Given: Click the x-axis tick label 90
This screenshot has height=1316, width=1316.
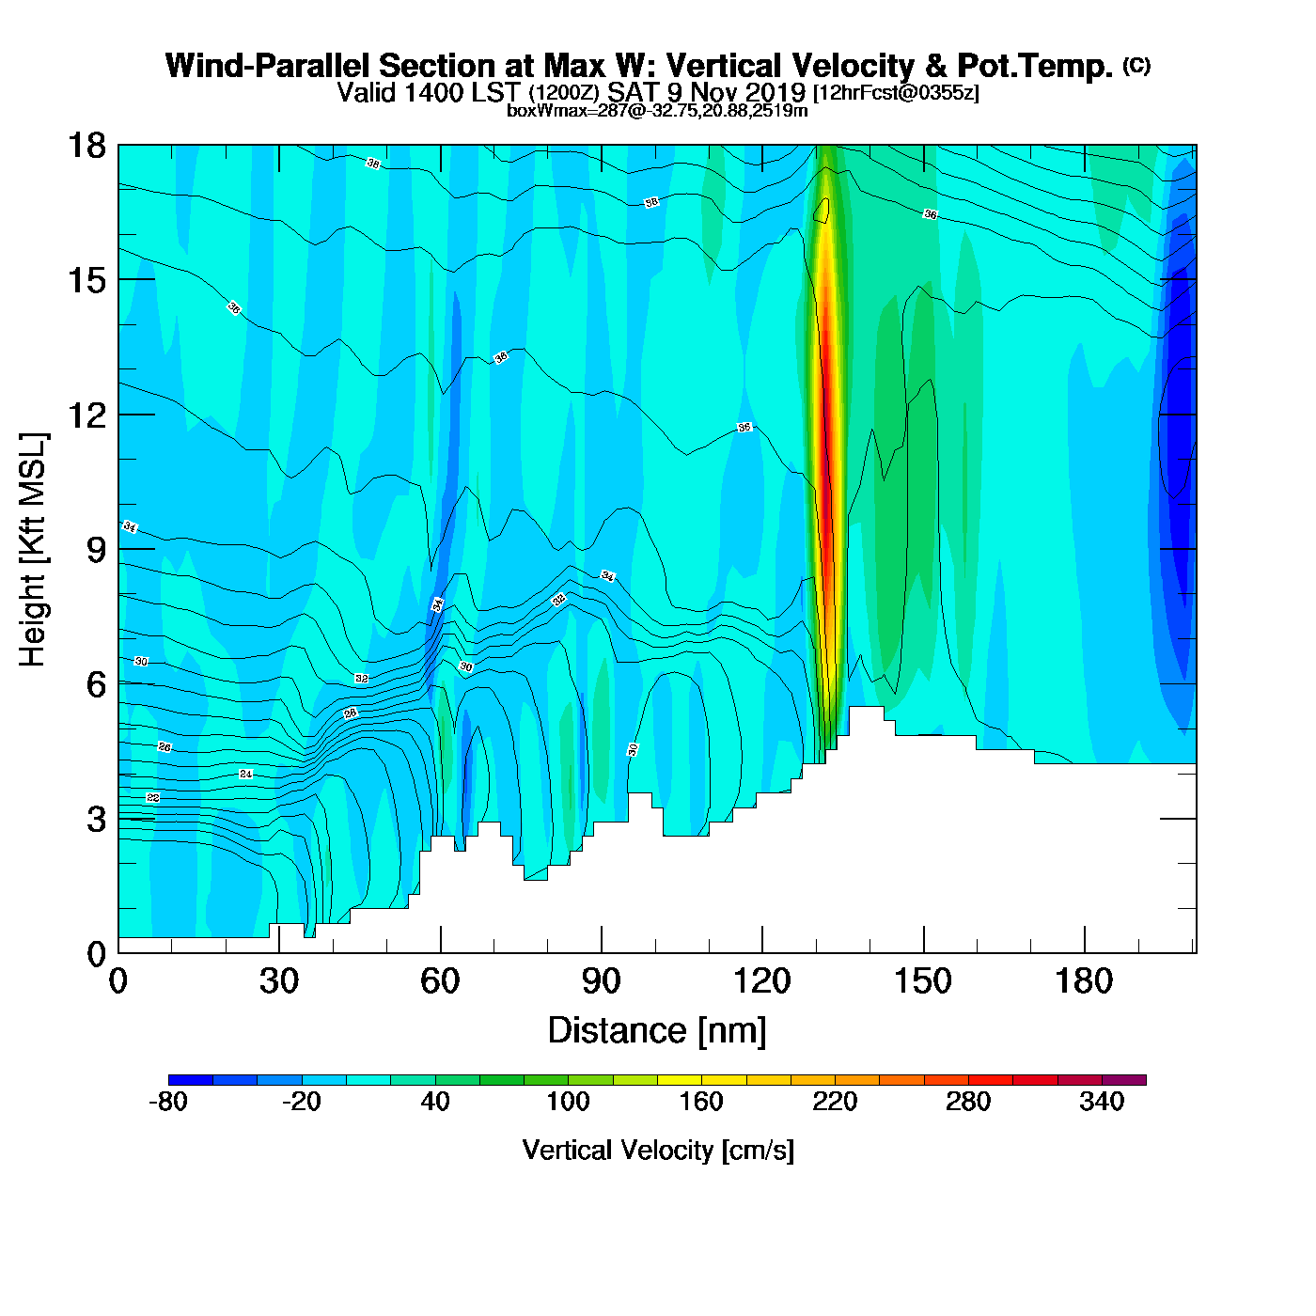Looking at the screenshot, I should tap(601, 982).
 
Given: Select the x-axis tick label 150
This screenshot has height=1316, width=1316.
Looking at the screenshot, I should tap(923, 982).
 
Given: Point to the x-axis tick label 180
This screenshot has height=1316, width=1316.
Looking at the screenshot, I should tap(1084, 982).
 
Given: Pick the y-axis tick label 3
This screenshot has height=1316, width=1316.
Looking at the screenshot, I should tap(96, 819).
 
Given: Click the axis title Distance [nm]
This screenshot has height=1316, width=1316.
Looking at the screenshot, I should tap(657, 1031).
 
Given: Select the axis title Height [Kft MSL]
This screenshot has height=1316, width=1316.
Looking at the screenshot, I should tap(33, 550).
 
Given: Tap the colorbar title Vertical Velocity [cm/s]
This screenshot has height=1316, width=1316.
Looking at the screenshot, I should tap(658, 1151).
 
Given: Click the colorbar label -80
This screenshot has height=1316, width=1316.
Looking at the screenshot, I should tap(168, 1102).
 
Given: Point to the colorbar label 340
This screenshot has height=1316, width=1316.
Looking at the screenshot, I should tap(1102, 1102).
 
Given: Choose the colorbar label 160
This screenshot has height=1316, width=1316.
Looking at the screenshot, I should tap(701, 1102).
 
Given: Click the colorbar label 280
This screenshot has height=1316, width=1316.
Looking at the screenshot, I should tap(968, 1102).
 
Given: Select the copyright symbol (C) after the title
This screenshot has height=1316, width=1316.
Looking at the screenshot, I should tap(1136, 65).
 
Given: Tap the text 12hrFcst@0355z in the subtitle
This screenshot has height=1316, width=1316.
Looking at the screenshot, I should tap(897, 93).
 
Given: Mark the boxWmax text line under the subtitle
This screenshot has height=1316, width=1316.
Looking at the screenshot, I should tap(657, 111).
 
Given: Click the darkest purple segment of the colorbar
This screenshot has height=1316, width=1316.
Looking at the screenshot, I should tap(1123, 1080).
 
